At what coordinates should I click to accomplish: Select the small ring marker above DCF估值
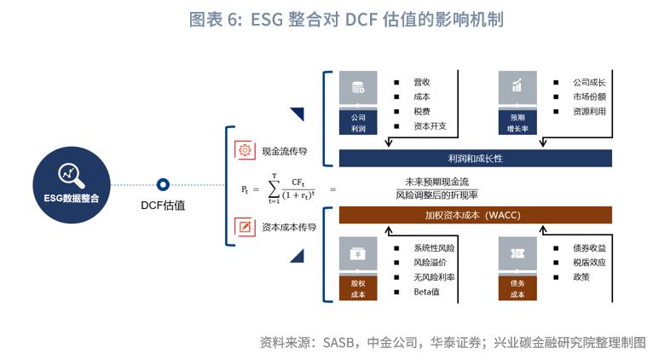click(163, 183)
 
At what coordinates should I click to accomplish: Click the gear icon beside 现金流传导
click(245, 150)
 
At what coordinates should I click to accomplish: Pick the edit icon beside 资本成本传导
click(245, 227)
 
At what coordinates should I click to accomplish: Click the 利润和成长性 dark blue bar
click(475, 158)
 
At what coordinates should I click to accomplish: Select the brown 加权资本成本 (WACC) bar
click(475, 215)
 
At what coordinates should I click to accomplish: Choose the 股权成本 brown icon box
click(358, 270)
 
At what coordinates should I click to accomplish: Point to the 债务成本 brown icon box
click(517, 270)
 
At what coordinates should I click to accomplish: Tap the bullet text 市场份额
click(589, 96)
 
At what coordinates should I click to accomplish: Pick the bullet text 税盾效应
click(589, 263)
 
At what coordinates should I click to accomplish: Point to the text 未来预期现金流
click(437, 181)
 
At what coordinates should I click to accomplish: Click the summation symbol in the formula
click(274, 187)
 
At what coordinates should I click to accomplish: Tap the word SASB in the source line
click(340, 343)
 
